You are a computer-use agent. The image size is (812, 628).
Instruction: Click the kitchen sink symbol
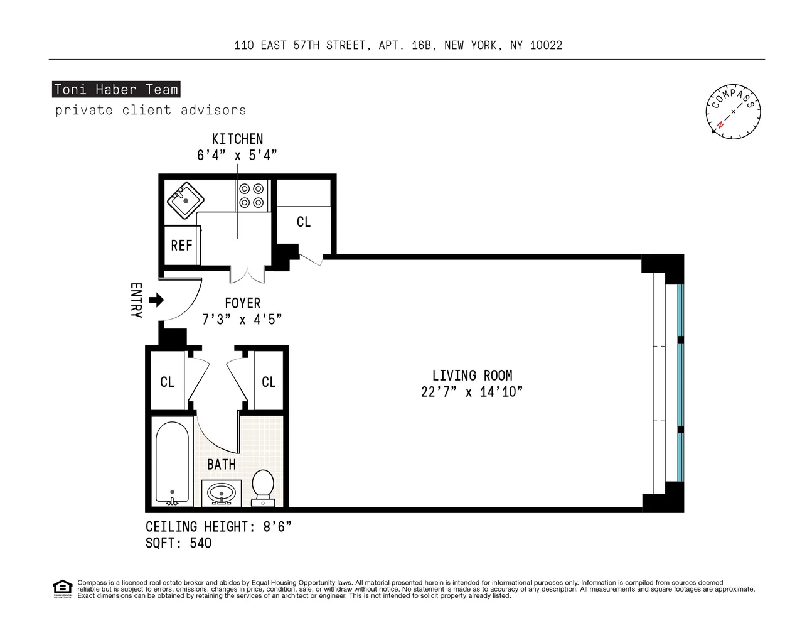(184, 200)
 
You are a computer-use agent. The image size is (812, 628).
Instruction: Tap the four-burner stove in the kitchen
(252, 195)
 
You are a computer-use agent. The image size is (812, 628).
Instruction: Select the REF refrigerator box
(181, 246)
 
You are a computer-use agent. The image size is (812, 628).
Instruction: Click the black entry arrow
(157, 300)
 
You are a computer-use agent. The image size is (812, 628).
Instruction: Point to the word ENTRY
(136, 300)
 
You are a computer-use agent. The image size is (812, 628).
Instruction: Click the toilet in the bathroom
(262, 487)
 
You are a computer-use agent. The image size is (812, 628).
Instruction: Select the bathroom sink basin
(222, 493)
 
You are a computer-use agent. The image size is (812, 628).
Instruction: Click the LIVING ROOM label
(472, 376)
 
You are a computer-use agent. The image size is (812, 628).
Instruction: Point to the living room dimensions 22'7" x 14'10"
(472, 392)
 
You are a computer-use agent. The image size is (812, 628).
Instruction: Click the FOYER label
(242, 303)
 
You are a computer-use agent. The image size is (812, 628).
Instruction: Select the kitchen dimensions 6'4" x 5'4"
(237, 155)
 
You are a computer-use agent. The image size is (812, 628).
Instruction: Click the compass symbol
(732, 112)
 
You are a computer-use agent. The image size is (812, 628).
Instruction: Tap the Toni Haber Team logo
(116, 89)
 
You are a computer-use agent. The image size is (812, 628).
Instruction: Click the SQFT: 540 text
(178, 543)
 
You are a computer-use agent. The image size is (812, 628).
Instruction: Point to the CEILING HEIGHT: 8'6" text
(218, 527)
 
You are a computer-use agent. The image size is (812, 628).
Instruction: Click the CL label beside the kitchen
(304, 222)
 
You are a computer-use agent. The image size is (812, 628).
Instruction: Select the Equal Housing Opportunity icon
(62, 589)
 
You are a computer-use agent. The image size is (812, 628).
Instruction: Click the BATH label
(222, 465)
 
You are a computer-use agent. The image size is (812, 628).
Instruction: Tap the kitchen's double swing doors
(247, 274)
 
